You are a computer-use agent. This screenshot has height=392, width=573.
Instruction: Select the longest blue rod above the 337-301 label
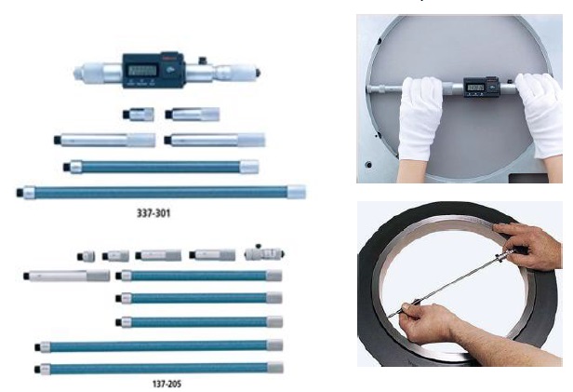point(163,192)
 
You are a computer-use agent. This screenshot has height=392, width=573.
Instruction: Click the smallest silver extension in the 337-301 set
point(135,115)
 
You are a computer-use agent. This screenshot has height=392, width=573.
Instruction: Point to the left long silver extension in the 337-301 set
point(105,140)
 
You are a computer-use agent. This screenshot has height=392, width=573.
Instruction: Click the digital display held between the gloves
point(476,89)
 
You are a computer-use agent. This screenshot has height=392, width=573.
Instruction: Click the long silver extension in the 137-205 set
point(70,276)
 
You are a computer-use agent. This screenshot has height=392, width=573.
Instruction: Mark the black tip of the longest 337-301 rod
point(20,192)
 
